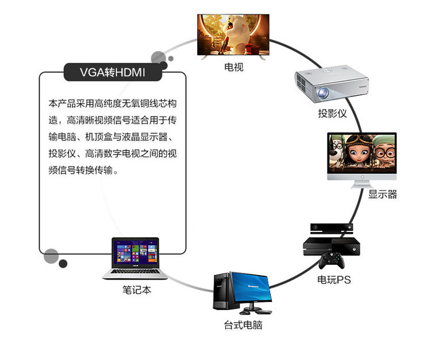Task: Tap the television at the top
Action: click(233, 34)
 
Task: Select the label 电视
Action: click(233, 67)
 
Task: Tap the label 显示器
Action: click(382, 194)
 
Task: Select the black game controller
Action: click(332, 260)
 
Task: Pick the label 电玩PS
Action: click(334, 280)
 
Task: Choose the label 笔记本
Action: click(137, 290)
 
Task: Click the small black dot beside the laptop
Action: click(63, 264)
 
